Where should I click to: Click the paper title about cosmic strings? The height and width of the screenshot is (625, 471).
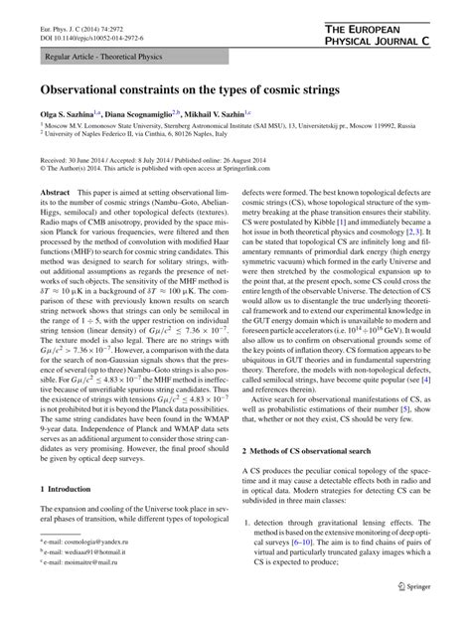click(x=189, y=89)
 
